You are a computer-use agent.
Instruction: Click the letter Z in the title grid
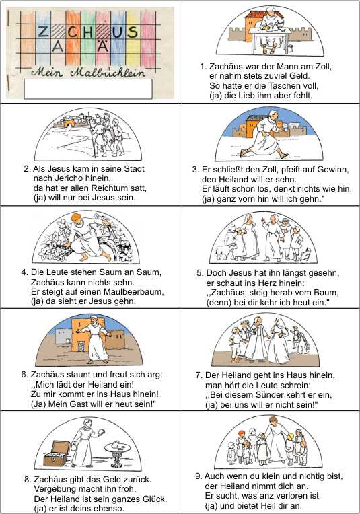coord(42,32)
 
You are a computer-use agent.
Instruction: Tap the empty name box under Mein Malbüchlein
coord(88,88)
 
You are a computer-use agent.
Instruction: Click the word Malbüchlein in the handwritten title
coord(108,73)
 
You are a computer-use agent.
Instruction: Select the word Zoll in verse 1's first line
coord(323,66)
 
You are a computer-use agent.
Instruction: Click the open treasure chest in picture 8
coord(56,453)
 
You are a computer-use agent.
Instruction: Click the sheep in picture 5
coord(224,252)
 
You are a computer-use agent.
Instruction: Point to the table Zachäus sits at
coord(270,40)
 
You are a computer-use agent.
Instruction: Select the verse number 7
coord(198,375)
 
